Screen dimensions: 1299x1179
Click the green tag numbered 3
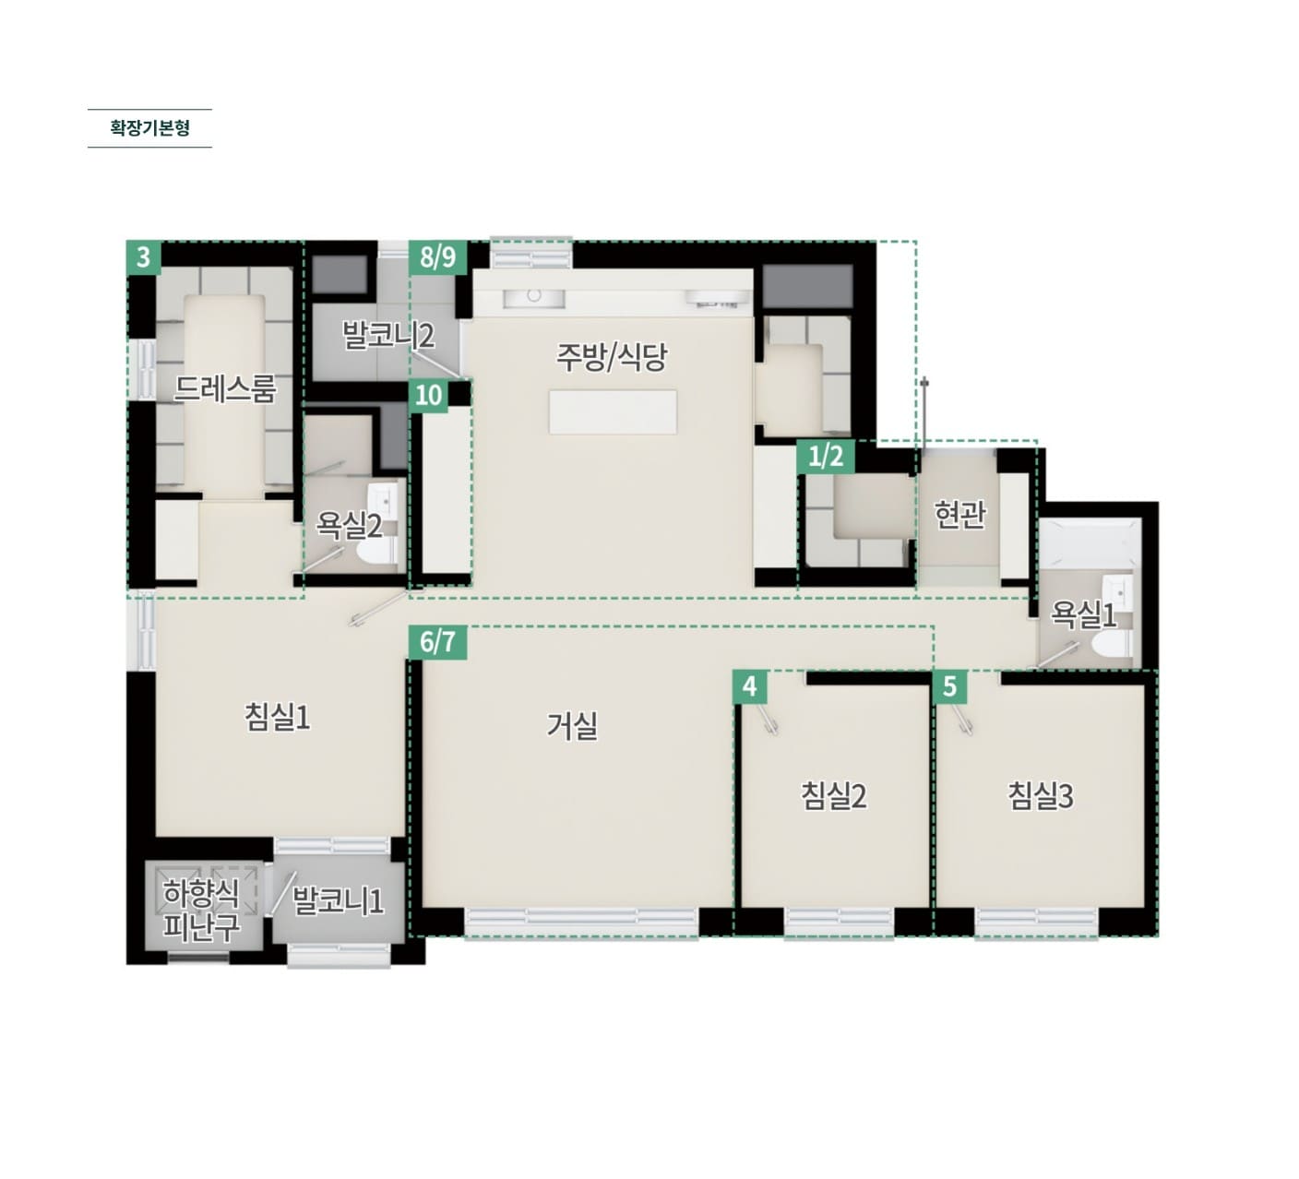pyautogui.click(x=143, y=257)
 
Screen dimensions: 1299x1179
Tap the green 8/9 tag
pyautogui.click(x=437, y=257)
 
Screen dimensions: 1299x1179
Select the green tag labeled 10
pyautogui.click(x=429, y=395)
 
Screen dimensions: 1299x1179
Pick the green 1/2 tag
pyautogui.click(x=826, y=457)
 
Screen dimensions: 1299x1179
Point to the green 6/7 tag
pyautogui.click(x=437, y=643)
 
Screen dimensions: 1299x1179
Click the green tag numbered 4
pyautogui.click(x=750, y=686)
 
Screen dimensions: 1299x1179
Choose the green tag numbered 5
pyautogui.click(x=950, y=686)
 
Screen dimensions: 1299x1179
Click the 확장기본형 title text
pyautogui.click(x=150, y=127)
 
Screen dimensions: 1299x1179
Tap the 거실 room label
pyautogui.click(x=572, y=725)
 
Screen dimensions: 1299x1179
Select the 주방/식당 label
pyautogui.click(x=611, y=357)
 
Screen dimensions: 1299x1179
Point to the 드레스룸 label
pyautogui.click(x=225, y=388)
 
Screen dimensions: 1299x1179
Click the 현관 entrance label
pyautogui.click(x=959, y=515)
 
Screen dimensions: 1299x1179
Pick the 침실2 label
pyautogui.click(x=833, y=796)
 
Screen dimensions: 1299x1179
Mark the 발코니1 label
pyautogui.click(x=338, y=901)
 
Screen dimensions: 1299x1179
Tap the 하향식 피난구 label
pyautogui.click(x=201, y=910)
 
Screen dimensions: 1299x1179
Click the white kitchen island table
pyautogui.click(x=613, y=411)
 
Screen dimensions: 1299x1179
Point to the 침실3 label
pyautogui.click(x=1041, y=796)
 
